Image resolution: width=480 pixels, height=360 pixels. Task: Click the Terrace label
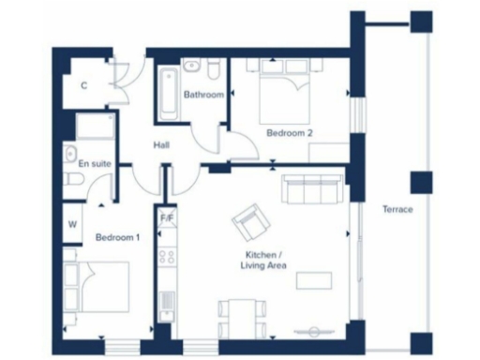coord(397,209)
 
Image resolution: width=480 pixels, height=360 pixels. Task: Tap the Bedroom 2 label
coord(289,133)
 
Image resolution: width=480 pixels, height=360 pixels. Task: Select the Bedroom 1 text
coord(117,238)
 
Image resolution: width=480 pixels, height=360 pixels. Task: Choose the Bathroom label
coord(203,95)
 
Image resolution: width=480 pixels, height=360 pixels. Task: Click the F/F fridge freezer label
coord(167,219)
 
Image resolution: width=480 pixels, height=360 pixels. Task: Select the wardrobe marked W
coord(72,224)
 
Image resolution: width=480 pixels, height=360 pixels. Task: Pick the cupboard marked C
coord(83,85)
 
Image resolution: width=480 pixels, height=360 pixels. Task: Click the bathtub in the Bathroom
coord(169,94)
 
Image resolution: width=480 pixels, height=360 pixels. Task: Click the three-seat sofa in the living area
coord(314,190)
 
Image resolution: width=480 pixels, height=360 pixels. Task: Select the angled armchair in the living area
coord(250,221)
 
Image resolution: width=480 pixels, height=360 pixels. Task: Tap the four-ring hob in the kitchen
coord(167,255)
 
